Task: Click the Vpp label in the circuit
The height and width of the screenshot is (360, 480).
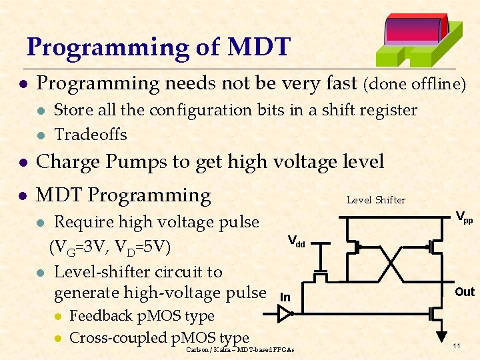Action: tap(464, 217)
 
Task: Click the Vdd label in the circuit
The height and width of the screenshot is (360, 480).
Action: tap(296, 241)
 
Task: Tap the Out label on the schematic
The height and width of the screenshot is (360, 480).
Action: tap(464, 292)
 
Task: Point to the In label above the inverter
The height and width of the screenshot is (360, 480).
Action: tap(285, 297)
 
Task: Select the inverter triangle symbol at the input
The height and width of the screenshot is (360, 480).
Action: tap(284, 313)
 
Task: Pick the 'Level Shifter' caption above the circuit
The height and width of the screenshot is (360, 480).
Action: tap(376, 200)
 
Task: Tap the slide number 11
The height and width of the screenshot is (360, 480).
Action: tap(457, 345)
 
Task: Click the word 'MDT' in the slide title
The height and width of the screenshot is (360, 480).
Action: tap(259, 47)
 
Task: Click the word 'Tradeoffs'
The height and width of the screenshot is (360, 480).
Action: tap(90, 135)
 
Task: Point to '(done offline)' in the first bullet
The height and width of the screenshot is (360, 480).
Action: tap(414, 84)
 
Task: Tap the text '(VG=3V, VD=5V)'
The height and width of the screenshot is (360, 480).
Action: tap(111, 247)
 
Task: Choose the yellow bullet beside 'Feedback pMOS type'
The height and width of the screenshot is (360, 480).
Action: tap(58, 317)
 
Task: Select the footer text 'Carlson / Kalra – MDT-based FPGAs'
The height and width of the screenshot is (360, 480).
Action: tap(240, 349)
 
